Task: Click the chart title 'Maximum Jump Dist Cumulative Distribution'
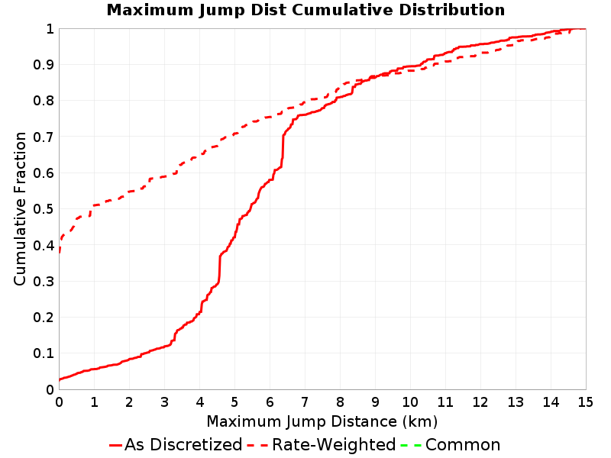(x=305, y=10)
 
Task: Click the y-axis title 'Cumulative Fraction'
(x=20, y=208)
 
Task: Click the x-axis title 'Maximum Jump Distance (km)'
(x=322, y=422)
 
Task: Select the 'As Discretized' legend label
(x=183, y=445)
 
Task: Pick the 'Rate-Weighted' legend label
(x=334, y=445)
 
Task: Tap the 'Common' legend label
(x=463, y=445)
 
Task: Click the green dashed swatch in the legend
(x=411, y=445)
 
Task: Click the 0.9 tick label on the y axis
(x=44, y=65)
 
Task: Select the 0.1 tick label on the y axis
(x=44, y=353)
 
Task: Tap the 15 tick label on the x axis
(x=585, y=402)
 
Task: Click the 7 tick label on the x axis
(x=305, y=402)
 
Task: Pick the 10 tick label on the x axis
(x=410, y=402)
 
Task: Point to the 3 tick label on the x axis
(x=164, y=402)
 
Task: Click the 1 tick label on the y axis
(x=50, y=29)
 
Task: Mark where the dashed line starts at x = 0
(x=60, y=253)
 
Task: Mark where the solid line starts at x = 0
(x=60, y=379)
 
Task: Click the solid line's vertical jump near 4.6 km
(x=220, y=269)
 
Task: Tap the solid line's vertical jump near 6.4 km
(x=283, y=146)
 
